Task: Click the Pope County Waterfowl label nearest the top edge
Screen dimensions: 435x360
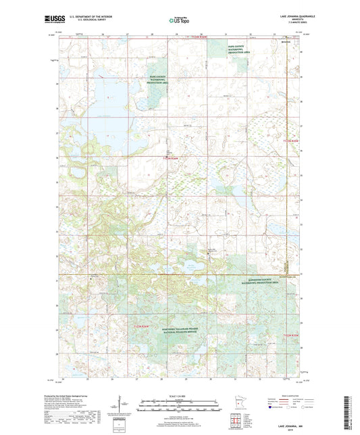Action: (x=236, y=46)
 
